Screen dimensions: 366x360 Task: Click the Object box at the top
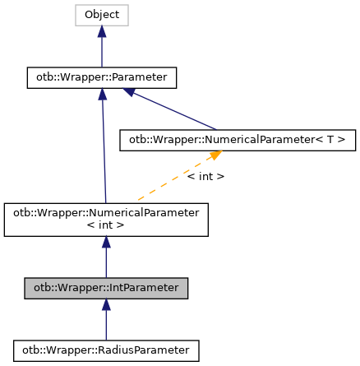(x=102, y=15)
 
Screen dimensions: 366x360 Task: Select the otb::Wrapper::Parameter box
(x=102, y=78)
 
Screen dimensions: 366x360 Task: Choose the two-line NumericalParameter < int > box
(x=106, y=219)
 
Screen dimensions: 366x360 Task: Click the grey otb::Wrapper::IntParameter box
(x=106, y=288)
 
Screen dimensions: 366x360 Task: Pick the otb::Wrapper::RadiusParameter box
(x=106, y=350)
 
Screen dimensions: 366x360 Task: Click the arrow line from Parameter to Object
(x=102, y=51)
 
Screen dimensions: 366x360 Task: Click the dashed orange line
(x=168, y=182)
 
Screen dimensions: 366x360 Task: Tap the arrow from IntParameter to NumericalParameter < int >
(x=106, y=262)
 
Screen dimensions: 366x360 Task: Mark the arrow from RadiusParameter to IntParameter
(x=106, y=324)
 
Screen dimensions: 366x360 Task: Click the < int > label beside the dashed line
(x=205, y=176)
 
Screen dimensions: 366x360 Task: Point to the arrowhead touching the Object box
(x=102, y=31)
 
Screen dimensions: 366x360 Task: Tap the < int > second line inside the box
(x=105, y=225)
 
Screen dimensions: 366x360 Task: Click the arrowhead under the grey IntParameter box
(x=106, y=304)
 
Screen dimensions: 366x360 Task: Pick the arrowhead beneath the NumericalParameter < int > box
(x=106, y=243)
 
